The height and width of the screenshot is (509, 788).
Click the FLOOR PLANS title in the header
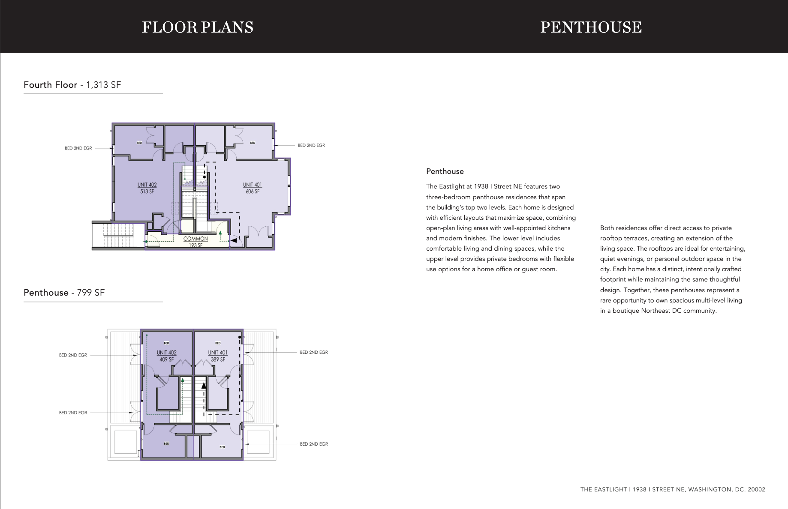point(198,27)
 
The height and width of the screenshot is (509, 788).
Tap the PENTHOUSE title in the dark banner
point(591,27)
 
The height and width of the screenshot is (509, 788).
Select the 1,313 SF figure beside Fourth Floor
point(104,85)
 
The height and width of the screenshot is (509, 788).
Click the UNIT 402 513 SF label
point(147,188)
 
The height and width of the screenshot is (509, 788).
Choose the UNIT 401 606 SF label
point(253,188)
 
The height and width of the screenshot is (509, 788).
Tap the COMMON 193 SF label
point(195,242)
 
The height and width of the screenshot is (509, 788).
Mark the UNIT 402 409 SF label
point(167,356)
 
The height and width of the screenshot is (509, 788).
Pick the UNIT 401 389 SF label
point(218,356)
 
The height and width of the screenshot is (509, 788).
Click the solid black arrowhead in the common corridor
point(234,241)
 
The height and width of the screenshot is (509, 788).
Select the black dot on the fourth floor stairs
point(205,177)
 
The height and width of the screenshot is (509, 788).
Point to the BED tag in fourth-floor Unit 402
point(139,143)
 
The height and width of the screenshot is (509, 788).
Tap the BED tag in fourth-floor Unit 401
point(253,143)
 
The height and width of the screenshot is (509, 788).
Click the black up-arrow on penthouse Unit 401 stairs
point(204,386)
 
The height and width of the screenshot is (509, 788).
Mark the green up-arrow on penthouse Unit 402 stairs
point(183,380)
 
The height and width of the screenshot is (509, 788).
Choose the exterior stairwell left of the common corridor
point(119,235)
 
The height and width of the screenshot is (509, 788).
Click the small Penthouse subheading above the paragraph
point(445,171)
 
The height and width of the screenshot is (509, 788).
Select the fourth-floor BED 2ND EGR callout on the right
point(311,145)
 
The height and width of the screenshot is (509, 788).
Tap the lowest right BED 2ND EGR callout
point(314,444)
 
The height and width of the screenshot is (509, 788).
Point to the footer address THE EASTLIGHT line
point(673,489)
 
